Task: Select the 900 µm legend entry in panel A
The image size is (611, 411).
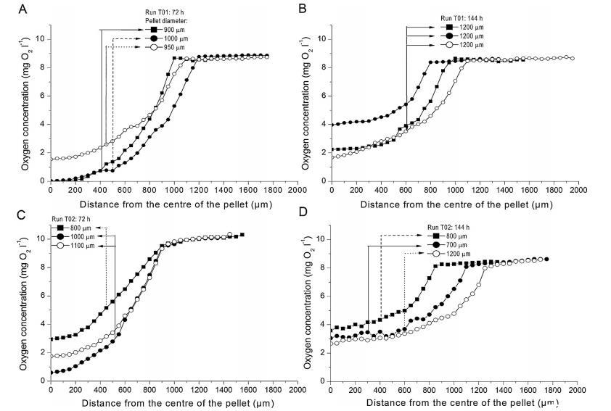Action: [172, 30]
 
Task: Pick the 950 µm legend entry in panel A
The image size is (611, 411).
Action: [172, 47]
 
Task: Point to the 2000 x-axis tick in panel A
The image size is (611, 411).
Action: [296, 191]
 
